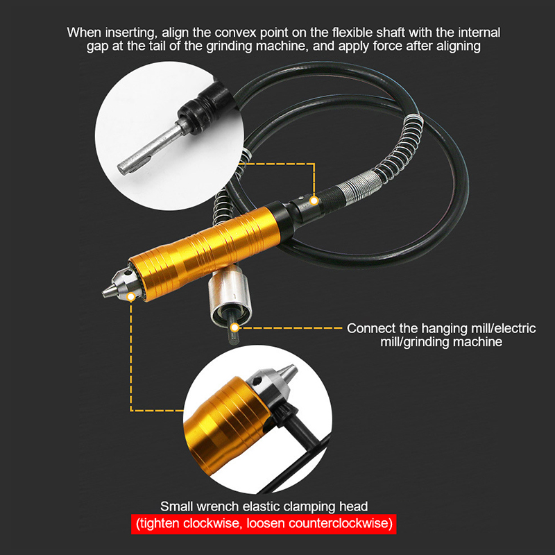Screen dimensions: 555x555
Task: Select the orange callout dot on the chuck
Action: pyautogui.click(x=131, y=297)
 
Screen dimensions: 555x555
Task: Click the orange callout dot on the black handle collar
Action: pyautogui.click(x=314, y=200)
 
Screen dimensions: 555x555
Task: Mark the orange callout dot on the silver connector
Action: pyautogui.click(x=234, y=327)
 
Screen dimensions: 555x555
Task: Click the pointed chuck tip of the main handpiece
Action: pyautogui.click(x=103, y=293)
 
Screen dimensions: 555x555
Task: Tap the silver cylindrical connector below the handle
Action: pyautogui.click(x=230, y=296)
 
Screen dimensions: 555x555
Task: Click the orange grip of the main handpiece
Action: pyautogui.click(x=205, y=253)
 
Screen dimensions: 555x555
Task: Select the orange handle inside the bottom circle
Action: pyautogui.click(x=227, y=425)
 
